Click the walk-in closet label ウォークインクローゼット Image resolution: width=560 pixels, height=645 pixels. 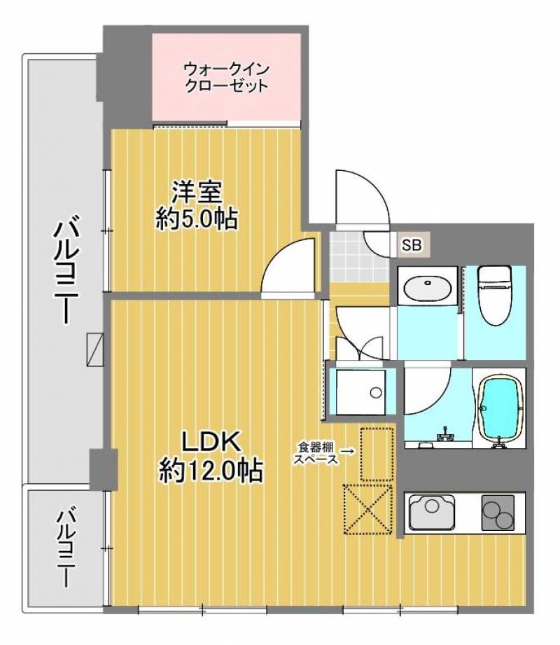point(225,78)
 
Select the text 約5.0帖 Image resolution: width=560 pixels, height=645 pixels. point(197,219)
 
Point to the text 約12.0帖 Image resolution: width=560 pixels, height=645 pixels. point(211,470)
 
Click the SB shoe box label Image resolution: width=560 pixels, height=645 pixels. point(412,245)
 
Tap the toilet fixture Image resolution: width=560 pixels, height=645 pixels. point(494,294)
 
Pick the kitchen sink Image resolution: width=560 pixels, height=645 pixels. point(433,512)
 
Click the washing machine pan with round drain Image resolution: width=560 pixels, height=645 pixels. point(361,393)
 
